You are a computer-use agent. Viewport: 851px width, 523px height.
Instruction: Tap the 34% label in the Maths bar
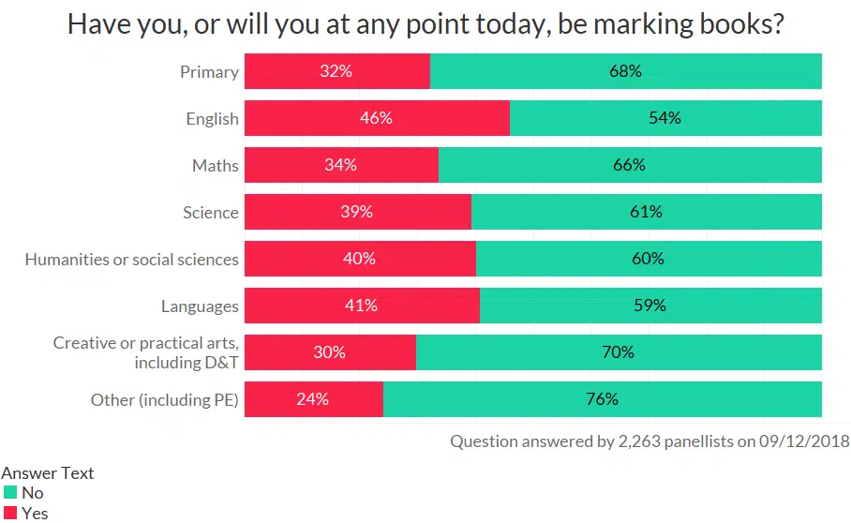[x=341, y=166]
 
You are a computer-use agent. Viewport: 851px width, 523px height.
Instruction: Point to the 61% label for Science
[x=646, y=213]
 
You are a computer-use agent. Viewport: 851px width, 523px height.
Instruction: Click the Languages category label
[x=200, y=306]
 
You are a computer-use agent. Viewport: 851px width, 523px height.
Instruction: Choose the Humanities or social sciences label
[x=132, y=260]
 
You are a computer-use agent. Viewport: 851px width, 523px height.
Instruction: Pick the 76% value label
[x=602, y=399]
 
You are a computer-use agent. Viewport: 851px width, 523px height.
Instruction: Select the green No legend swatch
[x=10, y=493]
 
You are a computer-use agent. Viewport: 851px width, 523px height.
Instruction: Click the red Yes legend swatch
[x=10, y=513]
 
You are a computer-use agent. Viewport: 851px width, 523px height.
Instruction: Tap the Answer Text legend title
[x=48, y=473]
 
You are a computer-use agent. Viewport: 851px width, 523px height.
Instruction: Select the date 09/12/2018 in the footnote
[x=802, y=441]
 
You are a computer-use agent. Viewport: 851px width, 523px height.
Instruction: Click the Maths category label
[x=216, y=166]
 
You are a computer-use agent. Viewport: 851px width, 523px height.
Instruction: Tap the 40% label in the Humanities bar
[x=359, y=260]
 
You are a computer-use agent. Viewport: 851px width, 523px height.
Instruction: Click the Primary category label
[x=209, y=72]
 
